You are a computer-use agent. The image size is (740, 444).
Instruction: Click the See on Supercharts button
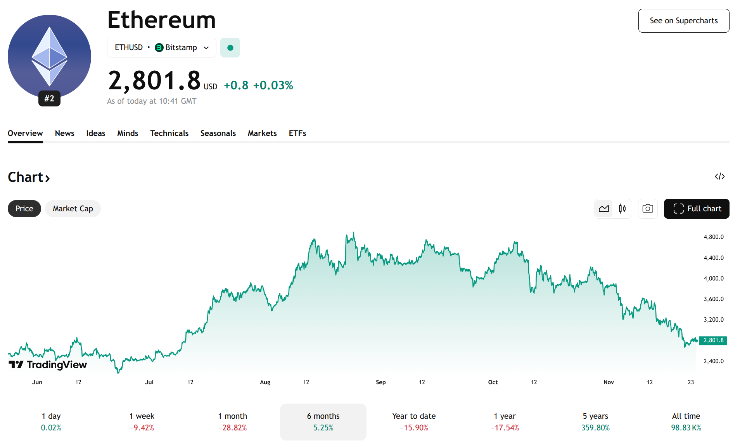[683, 21]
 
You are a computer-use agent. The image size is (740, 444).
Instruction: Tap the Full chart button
[696, 209]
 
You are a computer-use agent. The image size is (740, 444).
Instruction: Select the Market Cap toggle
[73, 209]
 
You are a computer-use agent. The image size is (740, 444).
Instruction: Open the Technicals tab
[169, 133]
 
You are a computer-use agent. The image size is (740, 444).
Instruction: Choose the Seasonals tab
[218, 133]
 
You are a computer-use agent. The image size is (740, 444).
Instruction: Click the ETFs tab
[297, 133]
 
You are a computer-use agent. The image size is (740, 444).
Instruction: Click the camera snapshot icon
[647, 209]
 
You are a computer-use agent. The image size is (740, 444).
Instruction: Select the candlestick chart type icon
[622, 209]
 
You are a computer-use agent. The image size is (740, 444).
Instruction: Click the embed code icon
[719, 177]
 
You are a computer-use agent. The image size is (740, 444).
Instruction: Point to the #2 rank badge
[49, 98]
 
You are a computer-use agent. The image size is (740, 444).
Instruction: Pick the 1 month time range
[232, 421]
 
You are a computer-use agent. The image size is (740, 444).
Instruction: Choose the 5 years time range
[595, 421]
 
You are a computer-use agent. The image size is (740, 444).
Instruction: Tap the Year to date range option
[414, 421]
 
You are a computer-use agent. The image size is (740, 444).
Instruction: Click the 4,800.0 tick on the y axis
[713, 237]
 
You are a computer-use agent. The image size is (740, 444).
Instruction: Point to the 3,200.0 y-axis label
[713, 320]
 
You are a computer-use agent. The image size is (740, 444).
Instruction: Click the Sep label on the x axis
[380, 382]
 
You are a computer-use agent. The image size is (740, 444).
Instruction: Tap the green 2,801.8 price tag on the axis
[713, 341]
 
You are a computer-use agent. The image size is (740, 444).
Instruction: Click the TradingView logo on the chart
[48, 365]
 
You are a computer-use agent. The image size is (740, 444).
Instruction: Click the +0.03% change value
[273, 85]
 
